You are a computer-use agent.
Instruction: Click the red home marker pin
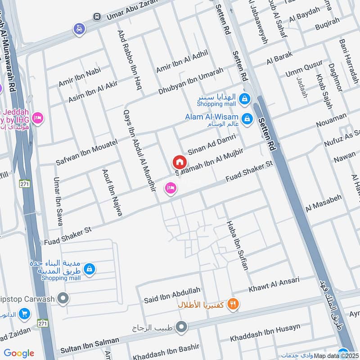tap(179, 162)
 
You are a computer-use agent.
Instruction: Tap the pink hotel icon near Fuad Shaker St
tap(170, 188)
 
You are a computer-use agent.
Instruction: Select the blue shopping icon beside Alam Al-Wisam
tap(247, 119)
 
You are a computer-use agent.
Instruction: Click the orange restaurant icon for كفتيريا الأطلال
tap(233, 304)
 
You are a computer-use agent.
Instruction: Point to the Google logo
tap(19, 353)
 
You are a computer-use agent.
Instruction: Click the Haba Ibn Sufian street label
tap(238, 245)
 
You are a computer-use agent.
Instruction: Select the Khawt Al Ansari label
tap(274, 284)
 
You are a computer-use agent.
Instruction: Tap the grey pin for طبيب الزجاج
tap(181, 327)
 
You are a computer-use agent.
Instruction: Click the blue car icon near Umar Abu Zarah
tap(79, 29)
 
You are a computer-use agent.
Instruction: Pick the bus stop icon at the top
tap(97, 17)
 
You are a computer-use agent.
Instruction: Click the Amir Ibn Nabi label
tap(80, 77)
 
